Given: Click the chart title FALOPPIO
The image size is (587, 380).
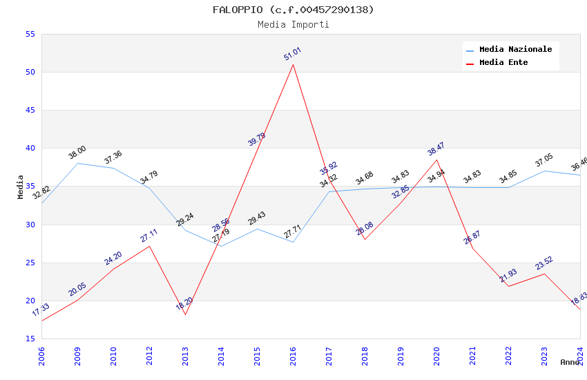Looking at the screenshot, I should pos(293,10).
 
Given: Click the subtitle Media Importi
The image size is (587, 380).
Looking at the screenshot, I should pos(293,24).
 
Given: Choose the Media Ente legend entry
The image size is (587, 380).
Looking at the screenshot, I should pos(503,63).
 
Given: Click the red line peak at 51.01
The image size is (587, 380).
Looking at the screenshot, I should pos(293,64).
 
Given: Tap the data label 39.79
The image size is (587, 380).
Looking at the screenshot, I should pos(256,139).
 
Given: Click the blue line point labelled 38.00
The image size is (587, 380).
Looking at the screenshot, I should pos(77,163).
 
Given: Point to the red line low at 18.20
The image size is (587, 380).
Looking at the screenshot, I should pos(185,314).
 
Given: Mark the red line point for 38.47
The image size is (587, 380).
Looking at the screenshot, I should pos(436,160).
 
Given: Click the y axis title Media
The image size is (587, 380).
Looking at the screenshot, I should pos(21,187).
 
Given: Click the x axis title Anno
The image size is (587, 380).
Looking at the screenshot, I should pos(570,362).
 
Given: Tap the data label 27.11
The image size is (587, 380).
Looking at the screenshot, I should pos(149,236).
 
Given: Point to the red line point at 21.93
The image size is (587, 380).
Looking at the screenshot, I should pos(508,286).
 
